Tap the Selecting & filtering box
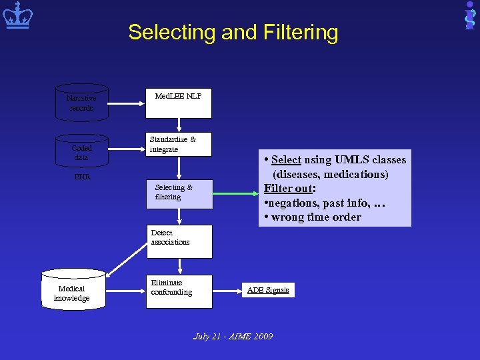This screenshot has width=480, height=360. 179,193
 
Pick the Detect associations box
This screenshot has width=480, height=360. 179,241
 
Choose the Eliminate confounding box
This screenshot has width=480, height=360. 179,291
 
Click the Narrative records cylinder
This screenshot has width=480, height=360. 81,103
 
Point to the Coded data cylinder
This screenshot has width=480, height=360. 81,152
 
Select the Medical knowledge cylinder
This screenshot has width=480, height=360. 73,289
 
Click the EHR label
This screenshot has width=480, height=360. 82,178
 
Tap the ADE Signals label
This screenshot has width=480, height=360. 268,290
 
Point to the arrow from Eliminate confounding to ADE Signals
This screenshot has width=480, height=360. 228,291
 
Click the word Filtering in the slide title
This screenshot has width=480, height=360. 297,32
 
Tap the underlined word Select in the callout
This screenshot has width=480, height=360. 286,159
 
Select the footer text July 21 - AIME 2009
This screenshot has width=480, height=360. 233,337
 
